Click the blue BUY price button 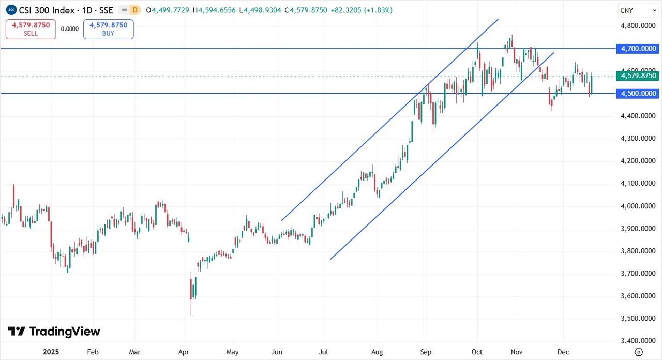[108, 29]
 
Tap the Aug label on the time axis [377, 352]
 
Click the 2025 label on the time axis [51, 352]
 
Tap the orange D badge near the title [135, 10]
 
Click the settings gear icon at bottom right [639, 352]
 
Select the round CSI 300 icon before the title [11, 10]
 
